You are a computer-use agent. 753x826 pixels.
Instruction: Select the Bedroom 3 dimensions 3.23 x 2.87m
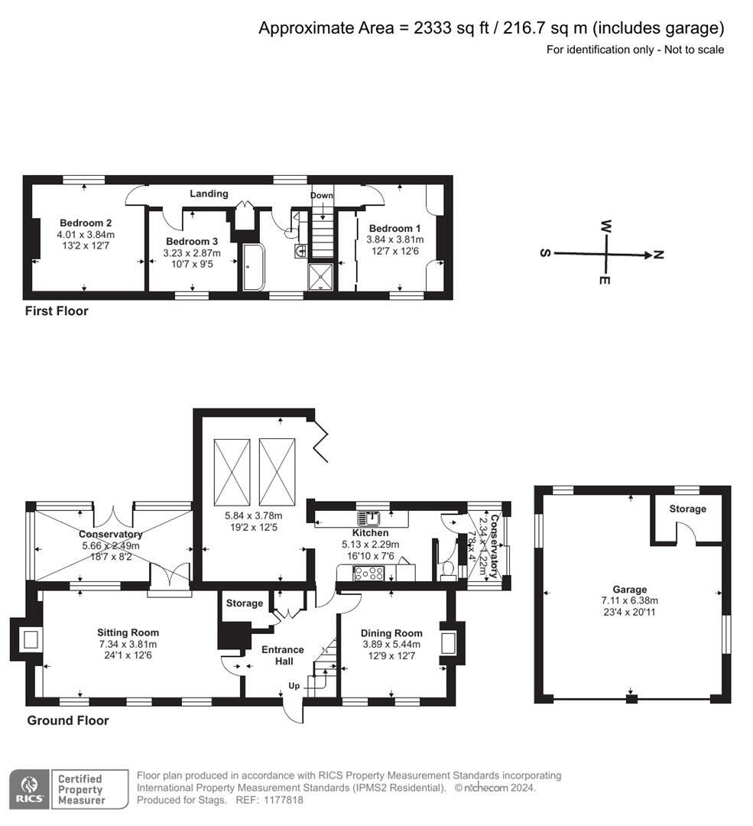tap(193, 253)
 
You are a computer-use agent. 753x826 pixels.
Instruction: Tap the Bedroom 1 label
tap(394, 228)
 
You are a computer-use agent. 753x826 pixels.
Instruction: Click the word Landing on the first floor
tap(209, 193)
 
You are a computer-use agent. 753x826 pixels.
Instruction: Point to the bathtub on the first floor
tap(252, 267)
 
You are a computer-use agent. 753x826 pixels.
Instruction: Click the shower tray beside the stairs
tap(321, 277)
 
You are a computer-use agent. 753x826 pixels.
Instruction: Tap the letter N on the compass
tap(659, 255)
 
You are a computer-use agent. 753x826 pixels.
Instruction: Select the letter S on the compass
tap(545, 254)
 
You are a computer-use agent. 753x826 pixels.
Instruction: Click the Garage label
tap(629, 590)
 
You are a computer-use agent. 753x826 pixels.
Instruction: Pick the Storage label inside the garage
tap(687, 509)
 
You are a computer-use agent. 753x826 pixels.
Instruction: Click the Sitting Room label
tap(128, 633)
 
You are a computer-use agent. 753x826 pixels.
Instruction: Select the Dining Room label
tap(392, 633)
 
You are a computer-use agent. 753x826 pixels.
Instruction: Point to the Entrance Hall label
tap(283, 655)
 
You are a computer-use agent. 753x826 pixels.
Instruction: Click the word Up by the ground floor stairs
tap(294, 685)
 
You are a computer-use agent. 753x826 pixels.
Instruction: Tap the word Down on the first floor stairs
tap(322, 196)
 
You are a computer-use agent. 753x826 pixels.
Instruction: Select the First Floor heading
tap(57, 311)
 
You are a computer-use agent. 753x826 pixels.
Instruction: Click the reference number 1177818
tap(282, 800)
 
